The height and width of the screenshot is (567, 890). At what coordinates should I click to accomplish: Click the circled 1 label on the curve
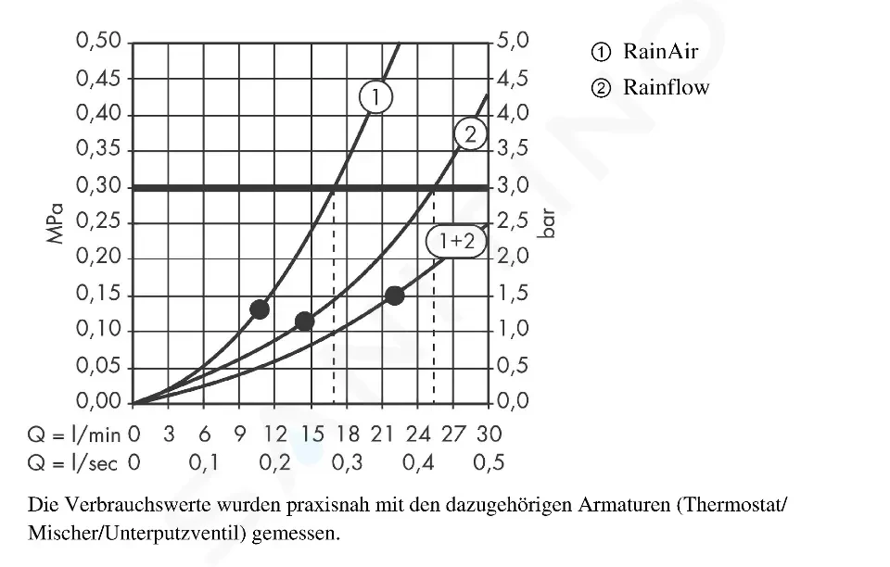[x=375, y=96]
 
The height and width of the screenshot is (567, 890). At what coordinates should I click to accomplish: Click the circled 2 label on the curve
[x=470, y=135]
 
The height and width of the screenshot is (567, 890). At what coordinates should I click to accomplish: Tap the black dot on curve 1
[x=260, y=309]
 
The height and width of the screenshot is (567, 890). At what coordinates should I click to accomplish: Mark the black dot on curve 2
[x=304, y=321]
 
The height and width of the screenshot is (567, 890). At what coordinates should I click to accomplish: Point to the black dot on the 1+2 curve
[x=394, y=296]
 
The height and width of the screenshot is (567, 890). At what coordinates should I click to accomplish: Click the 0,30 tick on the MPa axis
[x=99, y=187]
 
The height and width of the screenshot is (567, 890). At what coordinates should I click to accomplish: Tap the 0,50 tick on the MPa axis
[x=99, y=42]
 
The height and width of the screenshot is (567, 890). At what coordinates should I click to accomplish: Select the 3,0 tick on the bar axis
[x=513, y=187]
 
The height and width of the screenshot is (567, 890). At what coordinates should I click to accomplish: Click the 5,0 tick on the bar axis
[x=513, y=42]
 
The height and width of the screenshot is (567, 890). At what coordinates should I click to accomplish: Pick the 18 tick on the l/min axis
[x=347, y=434]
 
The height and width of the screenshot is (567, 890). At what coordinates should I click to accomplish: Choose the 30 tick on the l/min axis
[x=489, y=434]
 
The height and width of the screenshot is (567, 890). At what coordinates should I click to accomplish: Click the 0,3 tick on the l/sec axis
[x=347, y=462]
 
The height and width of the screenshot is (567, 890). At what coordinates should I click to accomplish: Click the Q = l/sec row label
[x=73, y=462]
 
